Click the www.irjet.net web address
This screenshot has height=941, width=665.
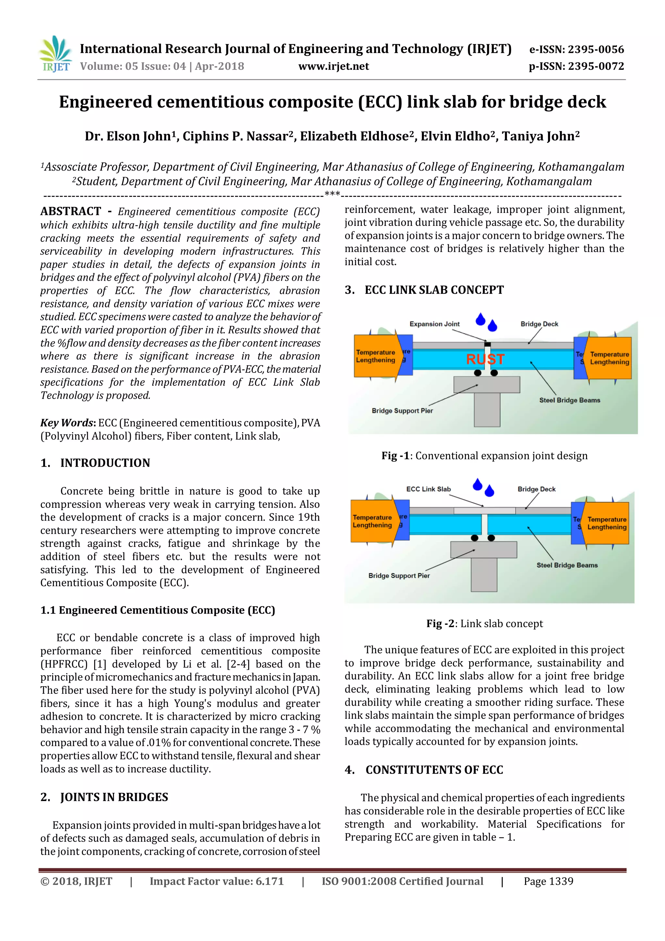point(333,66)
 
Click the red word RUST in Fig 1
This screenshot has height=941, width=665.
point(485,359)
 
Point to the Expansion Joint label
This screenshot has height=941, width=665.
point(434,324)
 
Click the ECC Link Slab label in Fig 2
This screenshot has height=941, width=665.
point(428,489)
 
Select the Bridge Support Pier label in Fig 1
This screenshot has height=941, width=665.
point(402,411)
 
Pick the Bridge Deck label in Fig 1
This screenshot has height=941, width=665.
point(539,324)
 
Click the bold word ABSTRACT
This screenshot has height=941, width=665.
point(70,211)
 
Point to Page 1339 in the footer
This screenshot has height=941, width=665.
point(548,881)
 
